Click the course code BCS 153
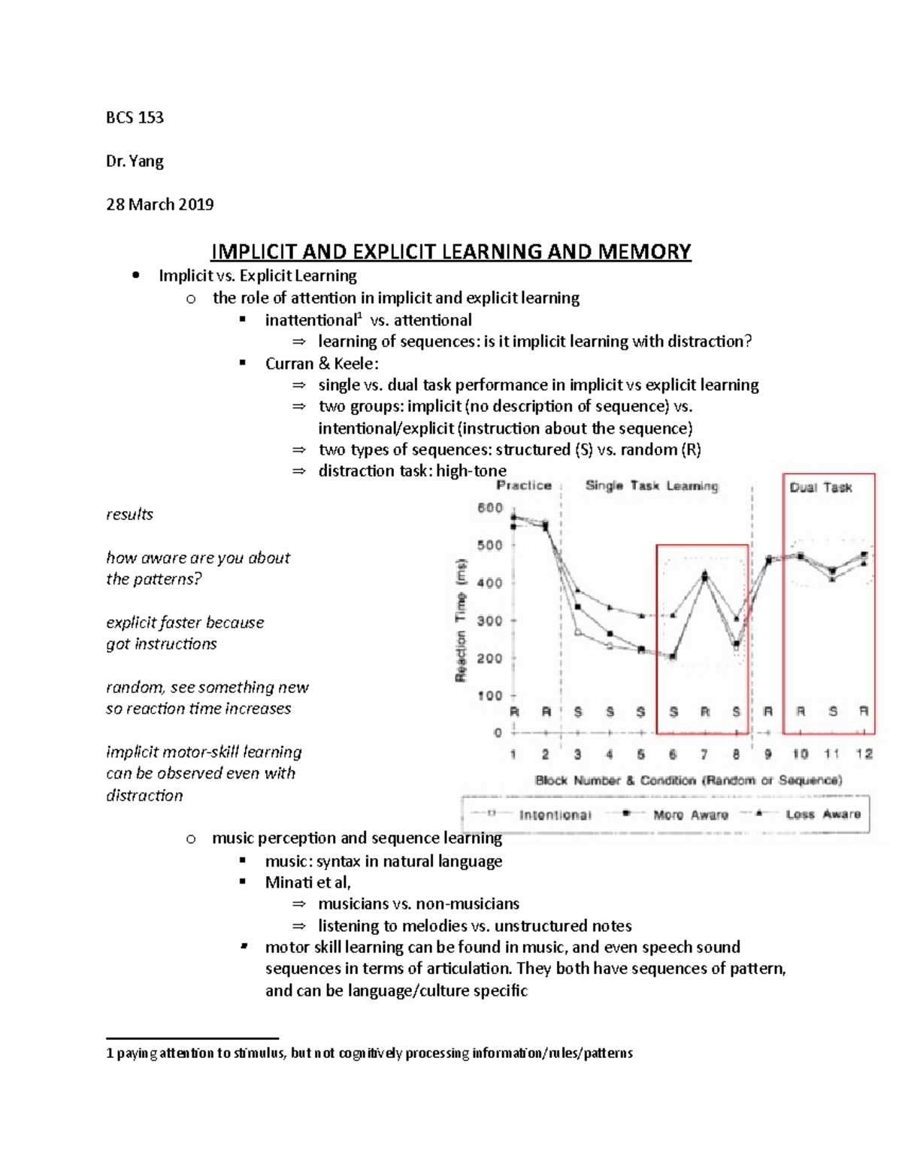135,117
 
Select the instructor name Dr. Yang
135,161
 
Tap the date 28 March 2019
159,204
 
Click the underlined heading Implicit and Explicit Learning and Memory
450,251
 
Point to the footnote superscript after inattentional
359,316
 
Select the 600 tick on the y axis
490,508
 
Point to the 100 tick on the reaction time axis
490,696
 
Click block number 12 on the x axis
864,754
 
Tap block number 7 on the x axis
704,754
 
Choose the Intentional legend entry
555,815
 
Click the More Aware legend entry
690,815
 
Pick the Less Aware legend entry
822,815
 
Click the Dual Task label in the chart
821,488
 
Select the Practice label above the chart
524,485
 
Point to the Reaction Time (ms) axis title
461,620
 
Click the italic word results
129,515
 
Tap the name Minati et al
307,882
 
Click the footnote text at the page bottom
369,1053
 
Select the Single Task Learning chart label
652,485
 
